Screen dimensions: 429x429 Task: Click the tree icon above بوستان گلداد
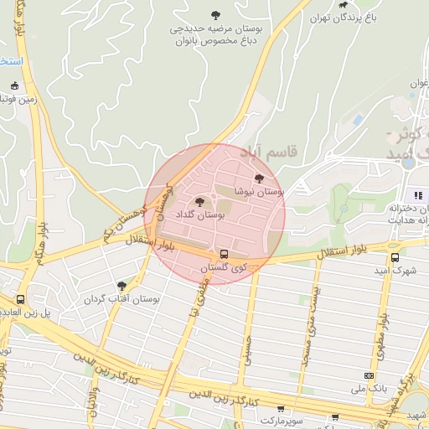coord(199,201)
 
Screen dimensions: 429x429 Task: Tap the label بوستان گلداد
coord(200,215)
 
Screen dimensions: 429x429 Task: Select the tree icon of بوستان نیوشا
coord(258,178)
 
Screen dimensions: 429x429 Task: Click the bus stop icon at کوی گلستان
coord(224,253)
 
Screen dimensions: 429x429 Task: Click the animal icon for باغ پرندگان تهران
coord(342,4)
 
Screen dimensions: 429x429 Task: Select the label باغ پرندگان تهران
coord(343,18)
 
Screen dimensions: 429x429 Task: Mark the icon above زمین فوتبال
coord(14,85)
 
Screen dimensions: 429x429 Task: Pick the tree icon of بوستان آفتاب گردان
coord(122,286)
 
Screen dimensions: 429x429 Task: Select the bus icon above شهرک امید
coord(395,257)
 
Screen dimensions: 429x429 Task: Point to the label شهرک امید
coord(396,271)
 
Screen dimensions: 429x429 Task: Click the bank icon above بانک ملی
coord(369,376)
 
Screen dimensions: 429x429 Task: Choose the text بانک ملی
coord(369,390)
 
